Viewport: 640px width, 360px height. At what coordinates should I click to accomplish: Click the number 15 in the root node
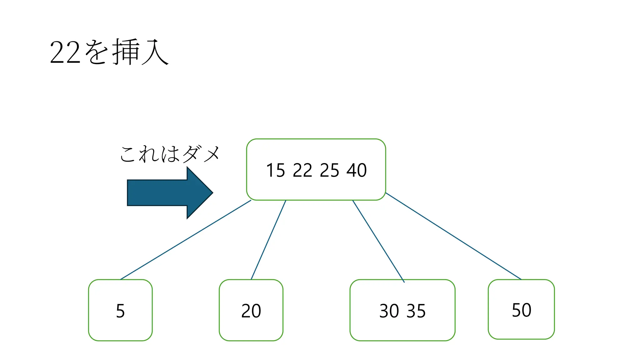click(275, 171)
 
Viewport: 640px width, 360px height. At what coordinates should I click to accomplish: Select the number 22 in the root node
click(302, 171)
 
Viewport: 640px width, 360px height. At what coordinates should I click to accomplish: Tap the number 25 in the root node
click(329, 171)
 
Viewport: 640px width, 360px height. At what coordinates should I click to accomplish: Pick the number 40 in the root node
click(357, 171)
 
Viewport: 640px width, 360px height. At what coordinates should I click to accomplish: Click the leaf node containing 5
click(120, 310)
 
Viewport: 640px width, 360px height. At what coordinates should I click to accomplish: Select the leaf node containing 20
click(251, 310)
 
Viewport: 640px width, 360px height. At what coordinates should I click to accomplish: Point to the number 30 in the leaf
click(389, 311)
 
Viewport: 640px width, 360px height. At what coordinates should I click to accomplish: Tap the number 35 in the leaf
click(416, 311)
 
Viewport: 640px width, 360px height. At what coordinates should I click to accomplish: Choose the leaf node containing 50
click(521, 310)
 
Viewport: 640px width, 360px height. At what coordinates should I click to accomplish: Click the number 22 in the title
click(65, 52)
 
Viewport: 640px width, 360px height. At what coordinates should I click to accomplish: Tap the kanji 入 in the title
click(155, 52)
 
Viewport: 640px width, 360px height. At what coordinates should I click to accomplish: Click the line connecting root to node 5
click(186, 240)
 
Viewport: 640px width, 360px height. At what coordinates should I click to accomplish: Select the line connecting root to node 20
click(268, 240)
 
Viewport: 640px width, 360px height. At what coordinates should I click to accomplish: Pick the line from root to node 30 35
click(378, 241)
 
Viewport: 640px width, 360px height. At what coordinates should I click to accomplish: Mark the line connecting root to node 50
click(453, 236)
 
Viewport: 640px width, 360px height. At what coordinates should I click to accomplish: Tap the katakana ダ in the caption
click(191, 154)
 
